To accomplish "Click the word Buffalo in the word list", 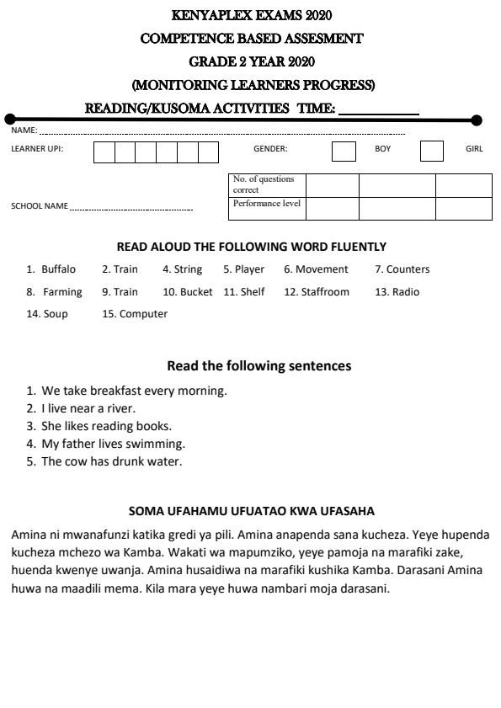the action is click(58, 269).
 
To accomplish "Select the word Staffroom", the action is click(325, 292).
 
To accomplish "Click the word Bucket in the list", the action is click(196, 292).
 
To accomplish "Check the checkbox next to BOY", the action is click(344, 152).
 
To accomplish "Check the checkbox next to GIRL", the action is click(431, 152).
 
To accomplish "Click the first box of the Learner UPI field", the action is click(104, 152).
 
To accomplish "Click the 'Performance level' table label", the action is click(267, 204).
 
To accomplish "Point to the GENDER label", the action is click(270, 149).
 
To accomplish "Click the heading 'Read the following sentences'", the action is click(258, 365).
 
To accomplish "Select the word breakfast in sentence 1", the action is click(116, 391).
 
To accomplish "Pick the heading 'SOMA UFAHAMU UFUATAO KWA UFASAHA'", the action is click(251, 511).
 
